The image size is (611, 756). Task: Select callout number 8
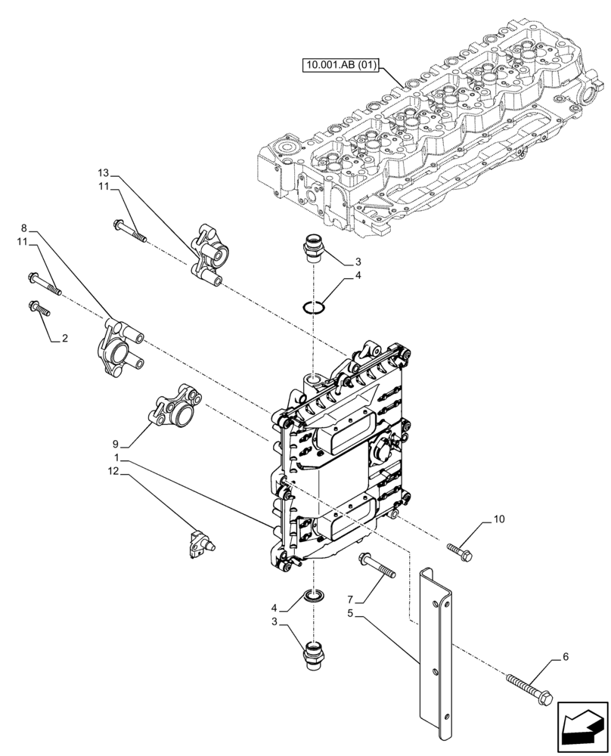coord(24,228)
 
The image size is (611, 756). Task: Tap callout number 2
coord(65,339)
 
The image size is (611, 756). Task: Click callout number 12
coord(113,472)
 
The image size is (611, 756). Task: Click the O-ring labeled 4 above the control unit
coord(314,307)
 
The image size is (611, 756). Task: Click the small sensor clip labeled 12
coord(199,541)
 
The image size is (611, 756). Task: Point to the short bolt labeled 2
coord(39,308)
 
